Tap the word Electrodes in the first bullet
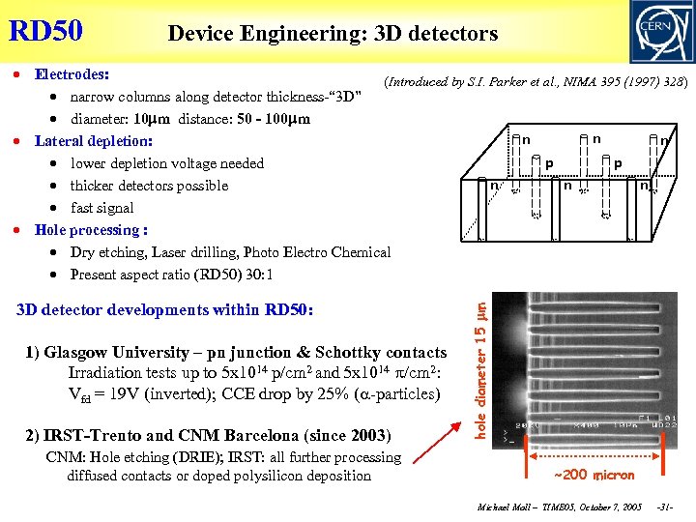click(x=71, y=73)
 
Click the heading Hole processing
click(x=90, y=230)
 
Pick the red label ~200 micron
click(x=594, y=475)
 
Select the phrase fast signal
click(x=101, y=208)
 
